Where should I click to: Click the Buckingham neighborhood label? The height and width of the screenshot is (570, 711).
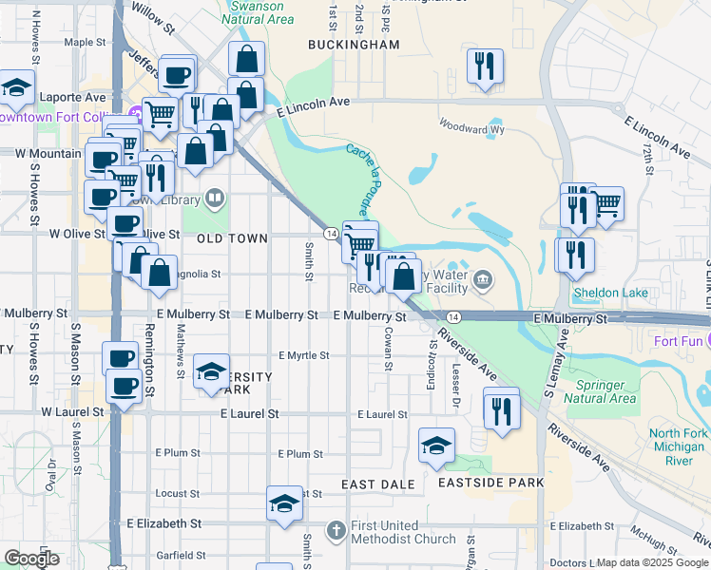click(354, 45)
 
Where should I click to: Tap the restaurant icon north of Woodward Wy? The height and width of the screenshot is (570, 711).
click(486, 66)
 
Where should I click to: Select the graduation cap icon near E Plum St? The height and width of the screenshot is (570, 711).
click(436, 446)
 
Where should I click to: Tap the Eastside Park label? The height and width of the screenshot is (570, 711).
click(490, 483)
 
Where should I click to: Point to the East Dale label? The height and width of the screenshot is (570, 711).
click(378, 484)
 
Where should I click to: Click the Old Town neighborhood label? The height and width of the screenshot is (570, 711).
click(232, 239)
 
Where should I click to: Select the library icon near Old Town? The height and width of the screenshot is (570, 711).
click(216, 198)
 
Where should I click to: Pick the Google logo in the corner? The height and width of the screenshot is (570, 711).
click(31, 559)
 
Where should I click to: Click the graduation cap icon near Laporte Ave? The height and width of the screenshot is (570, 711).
click(16, 88)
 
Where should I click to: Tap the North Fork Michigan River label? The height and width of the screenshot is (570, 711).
click(678, 446)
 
